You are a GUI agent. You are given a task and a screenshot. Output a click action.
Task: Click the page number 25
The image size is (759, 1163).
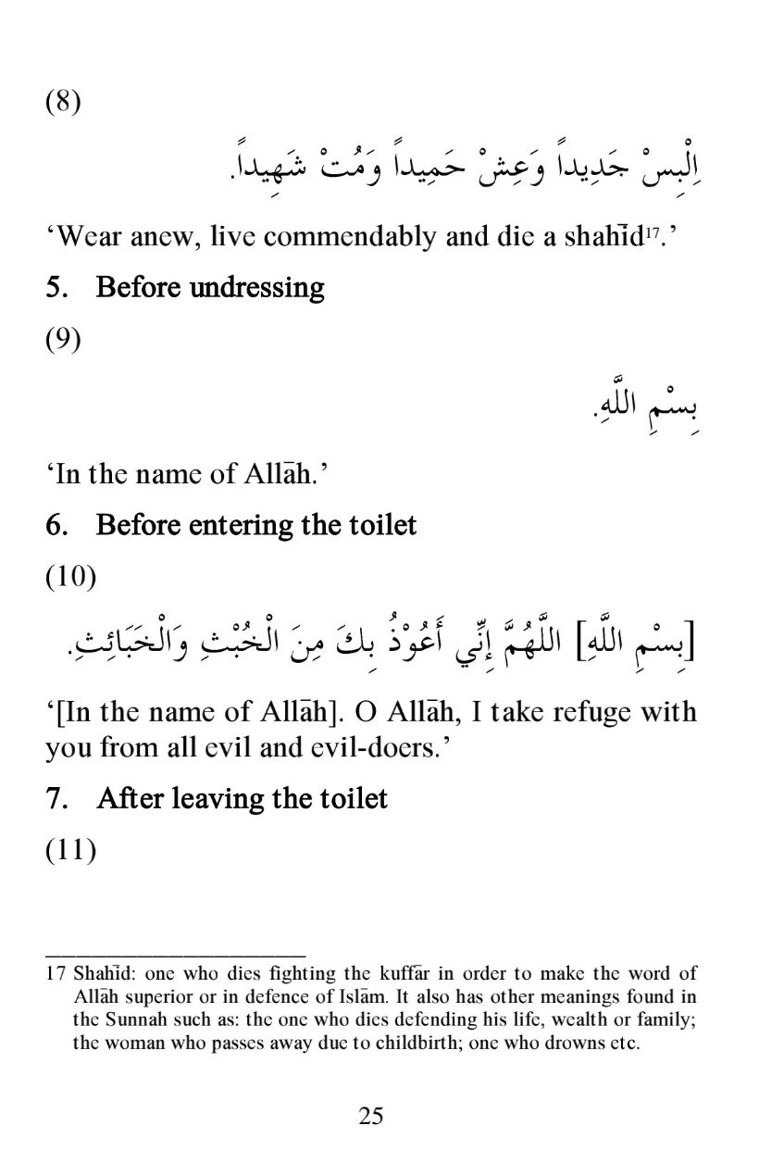pyautogui.click(x=370, y=1116)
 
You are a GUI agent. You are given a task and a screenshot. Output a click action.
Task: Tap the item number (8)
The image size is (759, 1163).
pyautogui.click(x=64, y=101)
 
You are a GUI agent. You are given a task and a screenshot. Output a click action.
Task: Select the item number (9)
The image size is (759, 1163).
pyautogui.click(x=64, y=340)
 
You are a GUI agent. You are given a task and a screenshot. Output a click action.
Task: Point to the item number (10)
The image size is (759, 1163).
pyautogui.click(x=71, y=578)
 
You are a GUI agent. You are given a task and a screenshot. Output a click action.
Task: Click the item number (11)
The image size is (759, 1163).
pyautogui.click(x=71, y=849)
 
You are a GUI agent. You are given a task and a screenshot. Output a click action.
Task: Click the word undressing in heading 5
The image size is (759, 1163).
pyautogui.click(x=256, y=288)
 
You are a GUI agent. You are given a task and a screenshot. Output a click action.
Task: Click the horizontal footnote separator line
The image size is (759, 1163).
pyautogui.click(x=175, y=953)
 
